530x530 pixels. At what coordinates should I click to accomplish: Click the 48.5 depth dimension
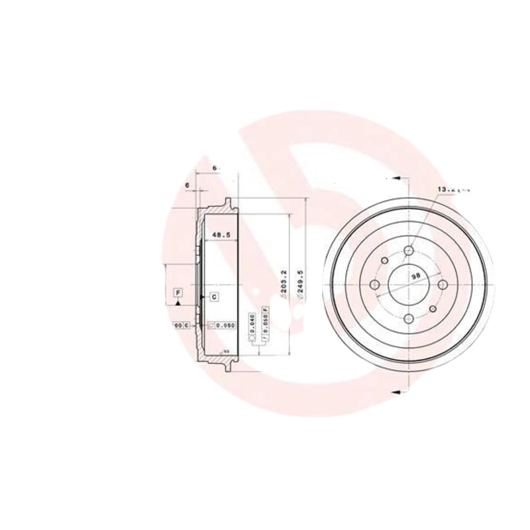[x=220, y=235]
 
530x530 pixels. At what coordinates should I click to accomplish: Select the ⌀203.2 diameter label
[x=283, y=286]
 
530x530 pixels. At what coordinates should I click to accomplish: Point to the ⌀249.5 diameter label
[x=301, y=286]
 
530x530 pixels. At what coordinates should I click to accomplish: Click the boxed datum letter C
[x=215, y=297]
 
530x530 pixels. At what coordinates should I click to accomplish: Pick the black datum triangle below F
[x=178, y=302]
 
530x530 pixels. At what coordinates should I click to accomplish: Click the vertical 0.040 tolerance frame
[x=252, y=323]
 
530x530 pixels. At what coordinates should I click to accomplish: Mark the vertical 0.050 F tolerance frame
[x=265, y=323]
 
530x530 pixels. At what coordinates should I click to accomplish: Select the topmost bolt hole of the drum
[x=408, y=251]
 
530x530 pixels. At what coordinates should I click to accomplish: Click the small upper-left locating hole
[x=384, y=261]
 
